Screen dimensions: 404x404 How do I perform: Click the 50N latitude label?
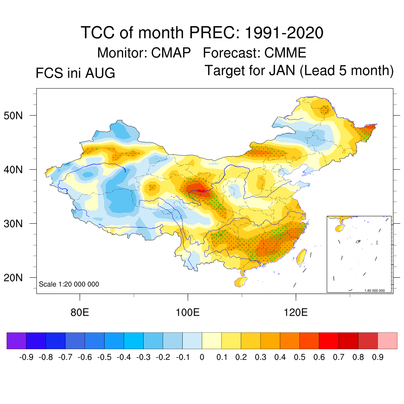point(13,116)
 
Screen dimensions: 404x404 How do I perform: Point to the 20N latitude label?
point(13,278)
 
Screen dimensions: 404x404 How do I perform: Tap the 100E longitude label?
point(187,312)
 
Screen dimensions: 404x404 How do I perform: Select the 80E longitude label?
point(80,312)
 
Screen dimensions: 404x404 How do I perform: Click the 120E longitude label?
point(296,312)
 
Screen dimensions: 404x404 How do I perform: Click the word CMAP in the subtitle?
point(171,53)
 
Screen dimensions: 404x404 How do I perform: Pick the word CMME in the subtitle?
point(285,53)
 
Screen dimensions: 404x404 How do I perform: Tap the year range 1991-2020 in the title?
point(284,33)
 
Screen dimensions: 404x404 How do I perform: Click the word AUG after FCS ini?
point(100,73)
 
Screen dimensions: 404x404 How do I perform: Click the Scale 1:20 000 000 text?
point(69,284)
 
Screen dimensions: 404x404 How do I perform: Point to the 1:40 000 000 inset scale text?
point(374,290)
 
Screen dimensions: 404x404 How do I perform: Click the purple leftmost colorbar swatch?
point(17,340)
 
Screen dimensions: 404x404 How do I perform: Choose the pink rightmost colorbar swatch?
point(387,340)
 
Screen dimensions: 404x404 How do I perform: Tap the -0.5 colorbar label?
point(104,357)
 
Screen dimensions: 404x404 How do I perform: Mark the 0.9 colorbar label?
point(378,357)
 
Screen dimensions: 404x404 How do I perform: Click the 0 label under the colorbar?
point(202,357)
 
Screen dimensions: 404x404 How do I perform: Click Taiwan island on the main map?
point(301,257)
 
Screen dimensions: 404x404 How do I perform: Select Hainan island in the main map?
point(241,282)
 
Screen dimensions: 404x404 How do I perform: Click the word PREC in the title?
point(215,33)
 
